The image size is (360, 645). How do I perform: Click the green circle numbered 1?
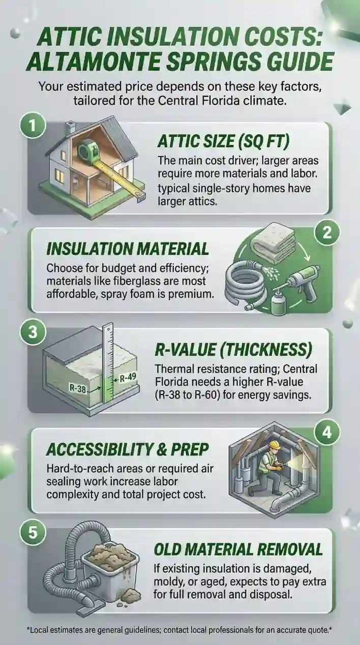(32, 126)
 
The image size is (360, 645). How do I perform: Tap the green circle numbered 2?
(327, 233)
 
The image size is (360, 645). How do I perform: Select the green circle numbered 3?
(33, 332)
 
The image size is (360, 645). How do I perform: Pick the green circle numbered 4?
(327, 433)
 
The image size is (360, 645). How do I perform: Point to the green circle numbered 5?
(33, 532)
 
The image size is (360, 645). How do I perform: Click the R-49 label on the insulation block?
(126, 378)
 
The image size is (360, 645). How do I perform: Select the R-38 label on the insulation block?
(78, 389)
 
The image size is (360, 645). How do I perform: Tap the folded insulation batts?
(272, 240)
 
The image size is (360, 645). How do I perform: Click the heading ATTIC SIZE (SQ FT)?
(223, 141)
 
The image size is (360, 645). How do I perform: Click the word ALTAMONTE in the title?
(96, 62)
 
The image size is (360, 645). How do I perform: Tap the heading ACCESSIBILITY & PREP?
(128, 449)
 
